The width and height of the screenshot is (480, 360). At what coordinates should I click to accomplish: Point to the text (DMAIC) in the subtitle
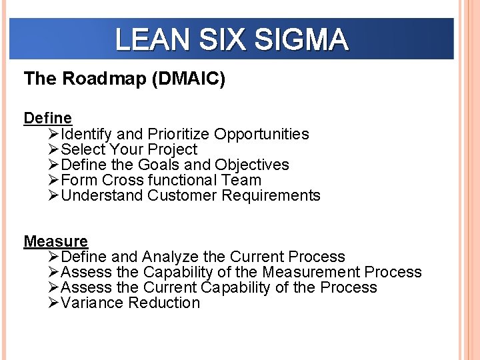click(189, 79)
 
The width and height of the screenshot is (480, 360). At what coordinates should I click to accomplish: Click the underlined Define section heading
click(47, 118)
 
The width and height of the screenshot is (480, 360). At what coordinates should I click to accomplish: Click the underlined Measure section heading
click(55, 241)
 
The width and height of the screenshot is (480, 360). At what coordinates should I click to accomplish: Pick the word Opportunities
click(261, 134)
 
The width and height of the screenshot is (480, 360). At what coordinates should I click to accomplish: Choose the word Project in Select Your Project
click(173, 149)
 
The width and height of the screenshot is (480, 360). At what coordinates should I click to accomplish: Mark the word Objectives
click(252, 165)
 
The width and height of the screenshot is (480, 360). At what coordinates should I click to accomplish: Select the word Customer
click(182, 195)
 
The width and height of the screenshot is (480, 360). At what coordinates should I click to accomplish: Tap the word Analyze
click(170, 257)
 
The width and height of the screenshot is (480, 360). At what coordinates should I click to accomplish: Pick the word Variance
click(92, 303)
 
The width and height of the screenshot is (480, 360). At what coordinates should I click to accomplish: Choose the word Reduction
click(164, 303)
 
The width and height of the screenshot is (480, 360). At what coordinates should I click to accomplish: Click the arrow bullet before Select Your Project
click(54, 150)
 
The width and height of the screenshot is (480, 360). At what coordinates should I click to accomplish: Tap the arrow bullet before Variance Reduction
click(54, 303)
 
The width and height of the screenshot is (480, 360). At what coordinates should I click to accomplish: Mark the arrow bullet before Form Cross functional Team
click(54, 181)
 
